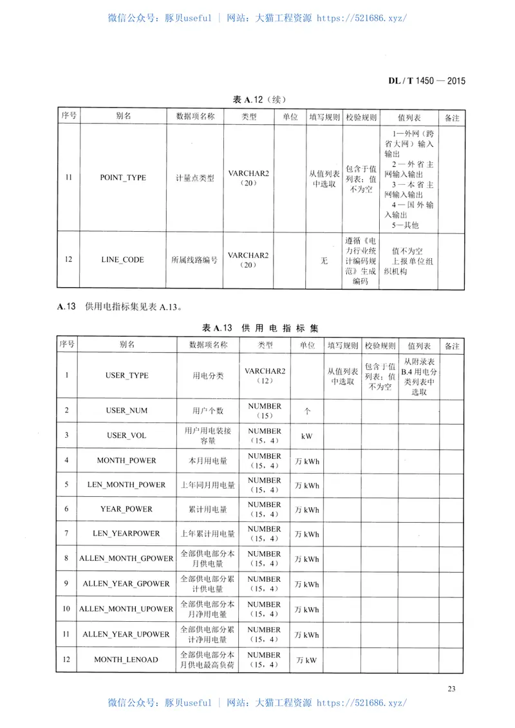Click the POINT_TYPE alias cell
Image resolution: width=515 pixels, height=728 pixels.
pyautogui.click(x=122, y=178)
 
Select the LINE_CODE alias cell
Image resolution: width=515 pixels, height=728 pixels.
pyautogui.click(x=122, y=260)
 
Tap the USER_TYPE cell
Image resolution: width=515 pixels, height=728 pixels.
pyautogui.click(x=127, y=375)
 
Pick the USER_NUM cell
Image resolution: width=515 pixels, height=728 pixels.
pyautogui.click(x=127, y=411)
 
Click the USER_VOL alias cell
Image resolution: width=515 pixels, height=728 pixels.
pyautogui.click(x=127, y=436)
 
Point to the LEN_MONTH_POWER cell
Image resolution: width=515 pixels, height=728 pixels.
pyautogui.click(x=127, y=485)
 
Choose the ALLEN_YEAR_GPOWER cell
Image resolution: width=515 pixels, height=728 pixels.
pyautogui.click(x=127, y=584)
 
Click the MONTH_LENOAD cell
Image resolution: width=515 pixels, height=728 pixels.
pyautogui.click(x=127, y=660)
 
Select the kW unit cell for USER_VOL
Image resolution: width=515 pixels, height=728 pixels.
pyautogui.click(x=307, y=436)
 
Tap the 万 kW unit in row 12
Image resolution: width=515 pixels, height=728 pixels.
pyautogui.click(x=307, y=660)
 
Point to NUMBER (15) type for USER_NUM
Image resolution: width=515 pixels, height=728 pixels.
pyautogui.click(x=265, y=411)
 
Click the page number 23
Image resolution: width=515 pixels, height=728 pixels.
pyautogui.click(x=451, y=689)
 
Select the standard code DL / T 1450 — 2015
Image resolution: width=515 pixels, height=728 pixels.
pyautogui.click(x=426, y=81)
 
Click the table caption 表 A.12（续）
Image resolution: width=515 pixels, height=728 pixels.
pyautogui.click(x=259, y=100)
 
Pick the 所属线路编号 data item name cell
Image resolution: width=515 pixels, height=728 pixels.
pyautogui.click(x=194, y=260)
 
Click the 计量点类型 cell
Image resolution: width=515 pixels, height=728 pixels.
pyautogui.click(x=194, y=178)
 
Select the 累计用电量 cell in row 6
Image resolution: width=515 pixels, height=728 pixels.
pyautogui.click(x=208, y=509)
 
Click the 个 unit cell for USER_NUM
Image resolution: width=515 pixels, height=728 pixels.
pyautogui.click(x=307, y=411)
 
